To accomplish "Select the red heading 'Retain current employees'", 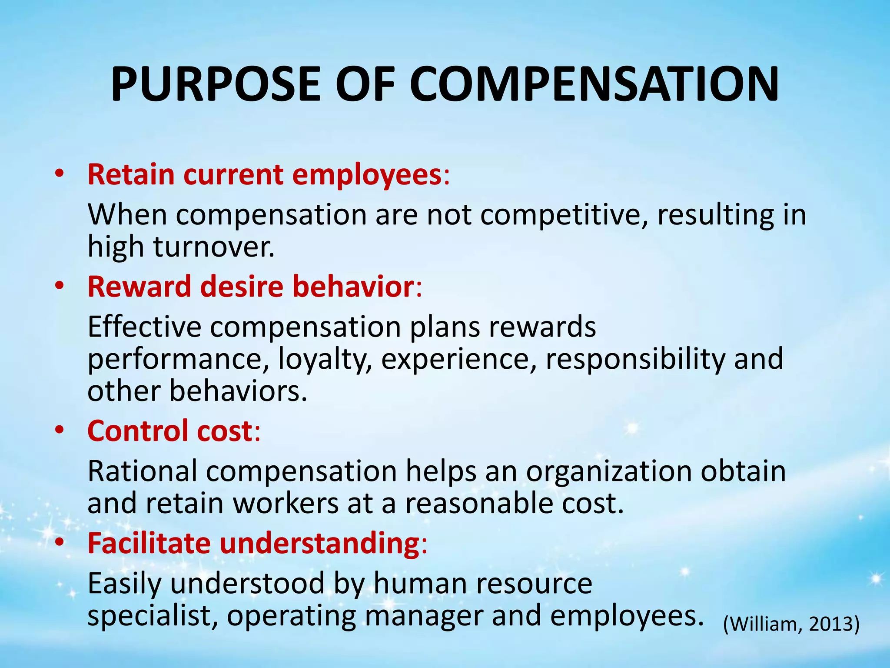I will tap(265, 174).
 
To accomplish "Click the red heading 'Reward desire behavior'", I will tap(251, 287).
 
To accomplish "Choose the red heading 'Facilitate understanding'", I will tap(253, 543).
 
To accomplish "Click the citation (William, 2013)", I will tap(791, 624).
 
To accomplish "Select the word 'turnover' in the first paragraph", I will tap(213, 247).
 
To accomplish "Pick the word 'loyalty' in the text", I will tap(324, 359).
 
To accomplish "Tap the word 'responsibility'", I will tap(635, 359).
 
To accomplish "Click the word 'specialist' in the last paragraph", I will tap(152, 615).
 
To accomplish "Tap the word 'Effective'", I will tap(144, 327).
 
